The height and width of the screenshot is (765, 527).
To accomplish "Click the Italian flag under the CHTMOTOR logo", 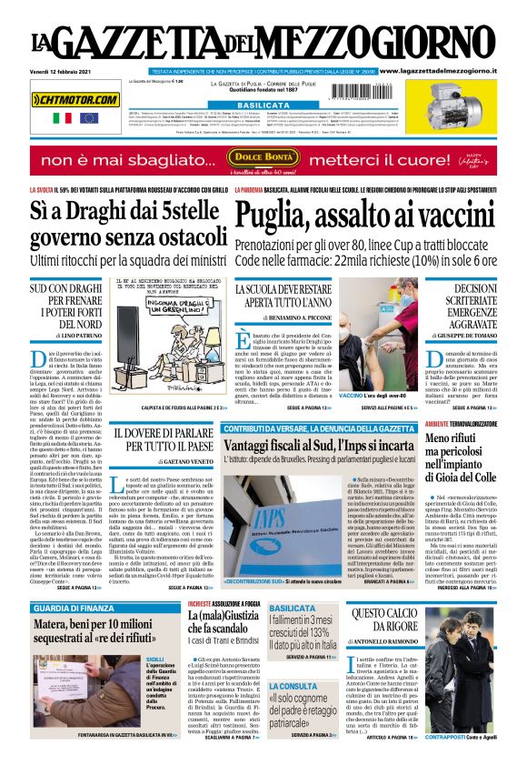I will [x=62, y=117].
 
